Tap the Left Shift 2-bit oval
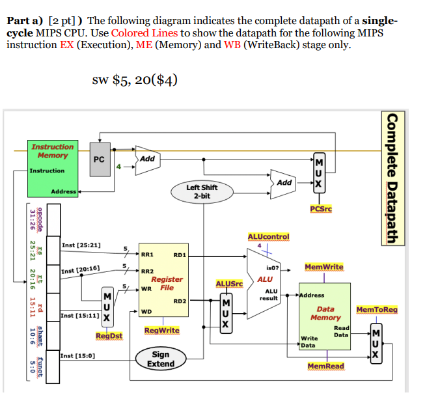click(x=202, y=191)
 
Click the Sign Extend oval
click(x=160, y=359)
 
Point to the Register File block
click(x=163, y=280)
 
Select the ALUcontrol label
click(x=268, y=236)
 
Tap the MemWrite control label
click(x=323, y=267)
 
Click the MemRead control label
click(x=325, y=366)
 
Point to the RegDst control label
click(x=109, y=336)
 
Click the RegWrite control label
click(x=161, y=331)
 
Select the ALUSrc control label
click(x=229, y=284)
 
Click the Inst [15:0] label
click(x=77, y=356)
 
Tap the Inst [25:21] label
click(x=81, y=245)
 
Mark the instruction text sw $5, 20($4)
click(x=135, y=80)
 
